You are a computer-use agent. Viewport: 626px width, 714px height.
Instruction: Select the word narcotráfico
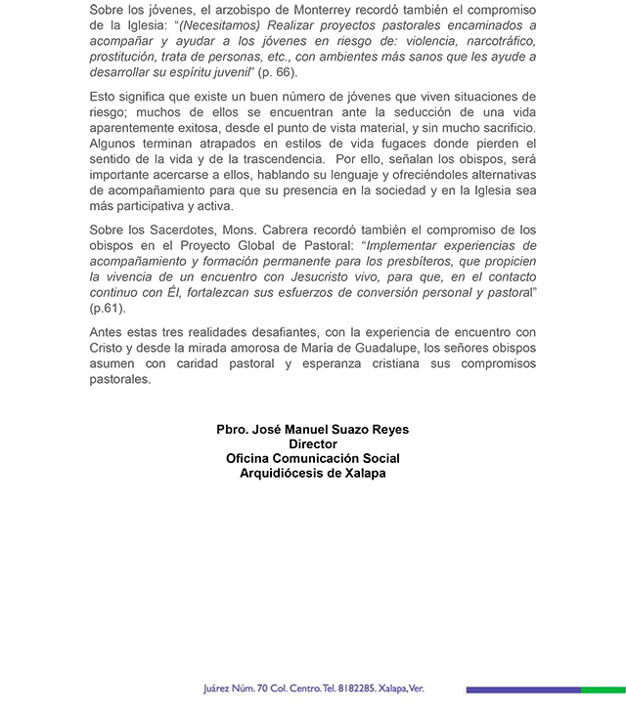[x=495, y=42]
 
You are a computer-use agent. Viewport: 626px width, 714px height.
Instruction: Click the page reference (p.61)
[x=109, y=308]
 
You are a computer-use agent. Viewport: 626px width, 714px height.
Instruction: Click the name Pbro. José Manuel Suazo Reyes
[x=312, y=429]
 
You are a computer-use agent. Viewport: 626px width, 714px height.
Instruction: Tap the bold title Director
[x=312, y=443]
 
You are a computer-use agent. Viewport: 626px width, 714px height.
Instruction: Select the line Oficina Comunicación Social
[x=312, y=458]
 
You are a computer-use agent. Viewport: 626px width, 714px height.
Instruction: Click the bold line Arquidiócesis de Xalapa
[x=312, y=473]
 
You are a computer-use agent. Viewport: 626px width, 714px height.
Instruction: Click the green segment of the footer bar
[x=603, y=690]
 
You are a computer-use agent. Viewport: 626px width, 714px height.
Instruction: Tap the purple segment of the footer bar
[x=523, y=690]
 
